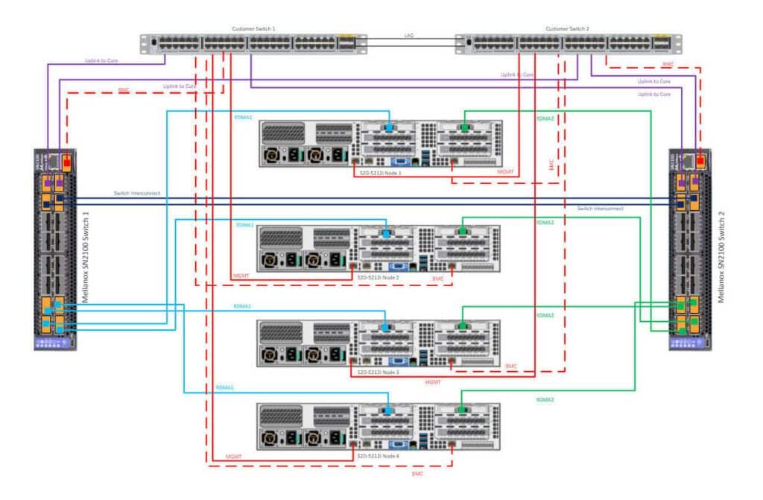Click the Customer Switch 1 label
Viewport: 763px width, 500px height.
(254, 28)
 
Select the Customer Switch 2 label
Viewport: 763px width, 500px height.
(567, 28)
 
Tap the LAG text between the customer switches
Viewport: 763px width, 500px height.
(409, 36)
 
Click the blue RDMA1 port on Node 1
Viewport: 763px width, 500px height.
(388, 128)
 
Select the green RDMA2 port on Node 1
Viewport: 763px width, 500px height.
(465, 128)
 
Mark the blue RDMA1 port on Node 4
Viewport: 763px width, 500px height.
(388, 411)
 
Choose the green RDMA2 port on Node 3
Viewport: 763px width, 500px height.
(463, 326)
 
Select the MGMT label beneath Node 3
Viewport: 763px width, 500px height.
(432, 382)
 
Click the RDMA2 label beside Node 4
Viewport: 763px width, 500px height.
(545, 400)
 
